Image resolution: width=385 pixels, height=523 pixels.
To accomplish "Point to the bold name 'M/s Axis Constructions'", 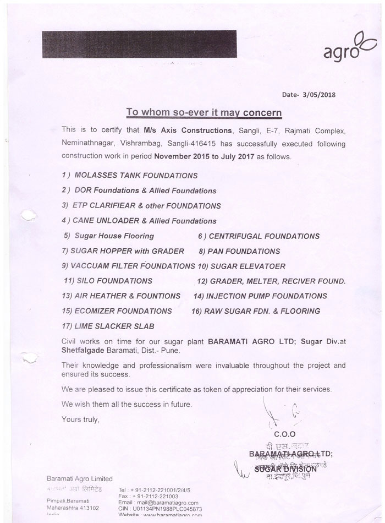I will coord(192,130).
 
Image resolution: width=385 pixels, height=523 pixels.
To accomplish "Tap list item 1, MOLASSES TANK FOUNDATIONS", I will coord(130,176).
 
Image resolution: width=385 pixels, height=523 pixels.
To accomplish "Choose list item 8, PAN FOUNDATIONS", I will coord(239,251).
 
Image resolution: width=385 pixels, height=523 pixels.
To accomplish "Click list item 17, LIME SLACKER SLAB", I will coord(108,326).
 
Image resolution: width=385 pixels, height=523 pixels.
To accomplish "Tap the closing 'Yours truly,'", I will coord(81,419).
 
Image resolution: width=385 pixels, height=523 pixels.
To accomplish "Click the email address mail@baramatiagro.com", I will coord(166,503).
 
